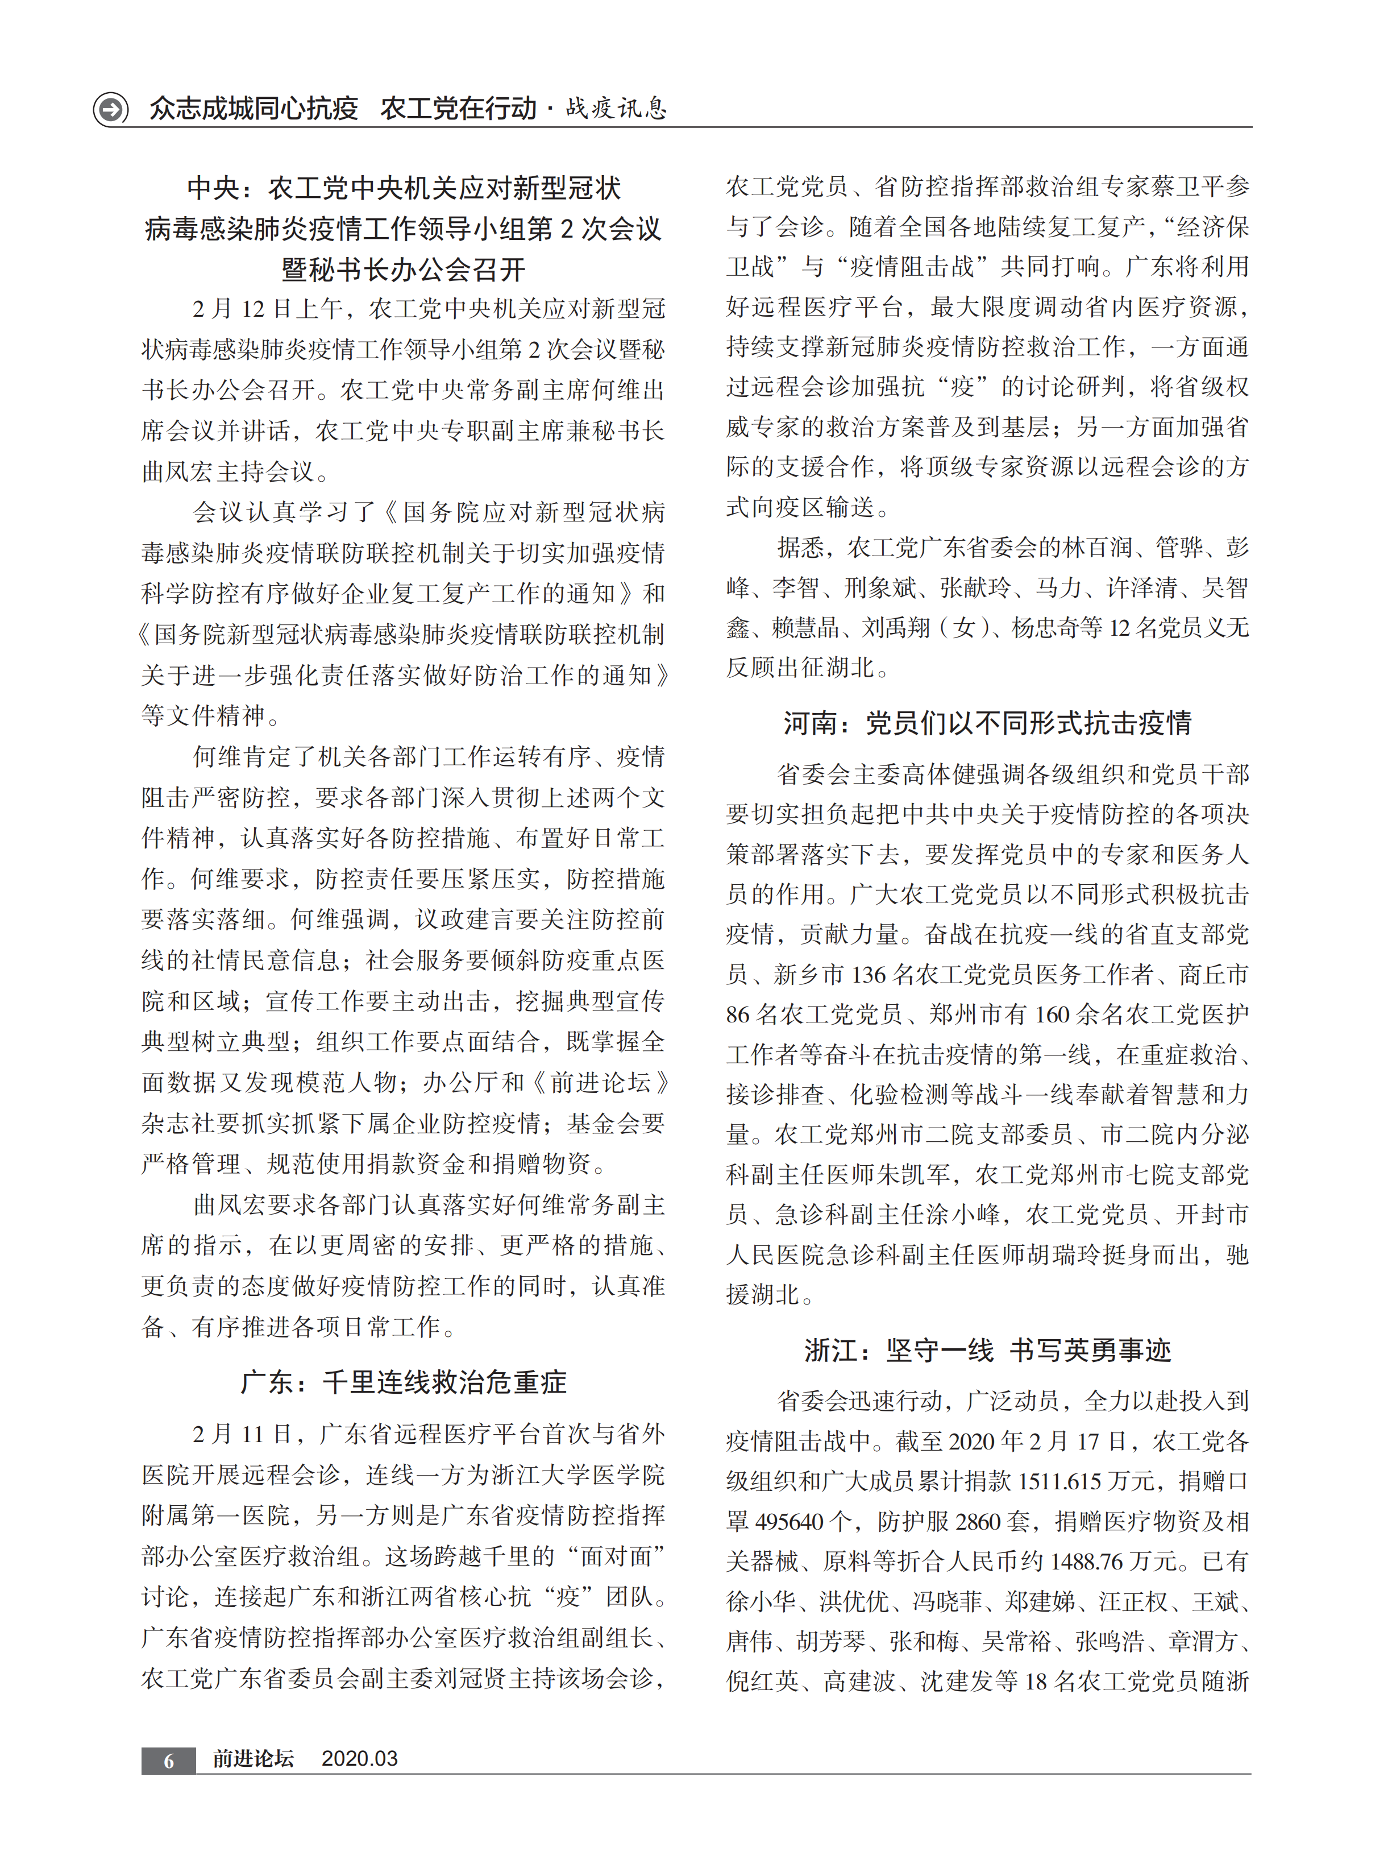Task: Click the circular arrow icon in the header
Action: click(x=110, y=109)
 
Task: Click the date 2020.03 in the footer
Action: click(x=359, y=1758)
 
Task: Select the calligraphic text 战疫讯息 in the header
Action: click(x=616, y=108)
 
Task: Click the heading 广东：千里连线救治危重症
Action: click(x=404, y=1382)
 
